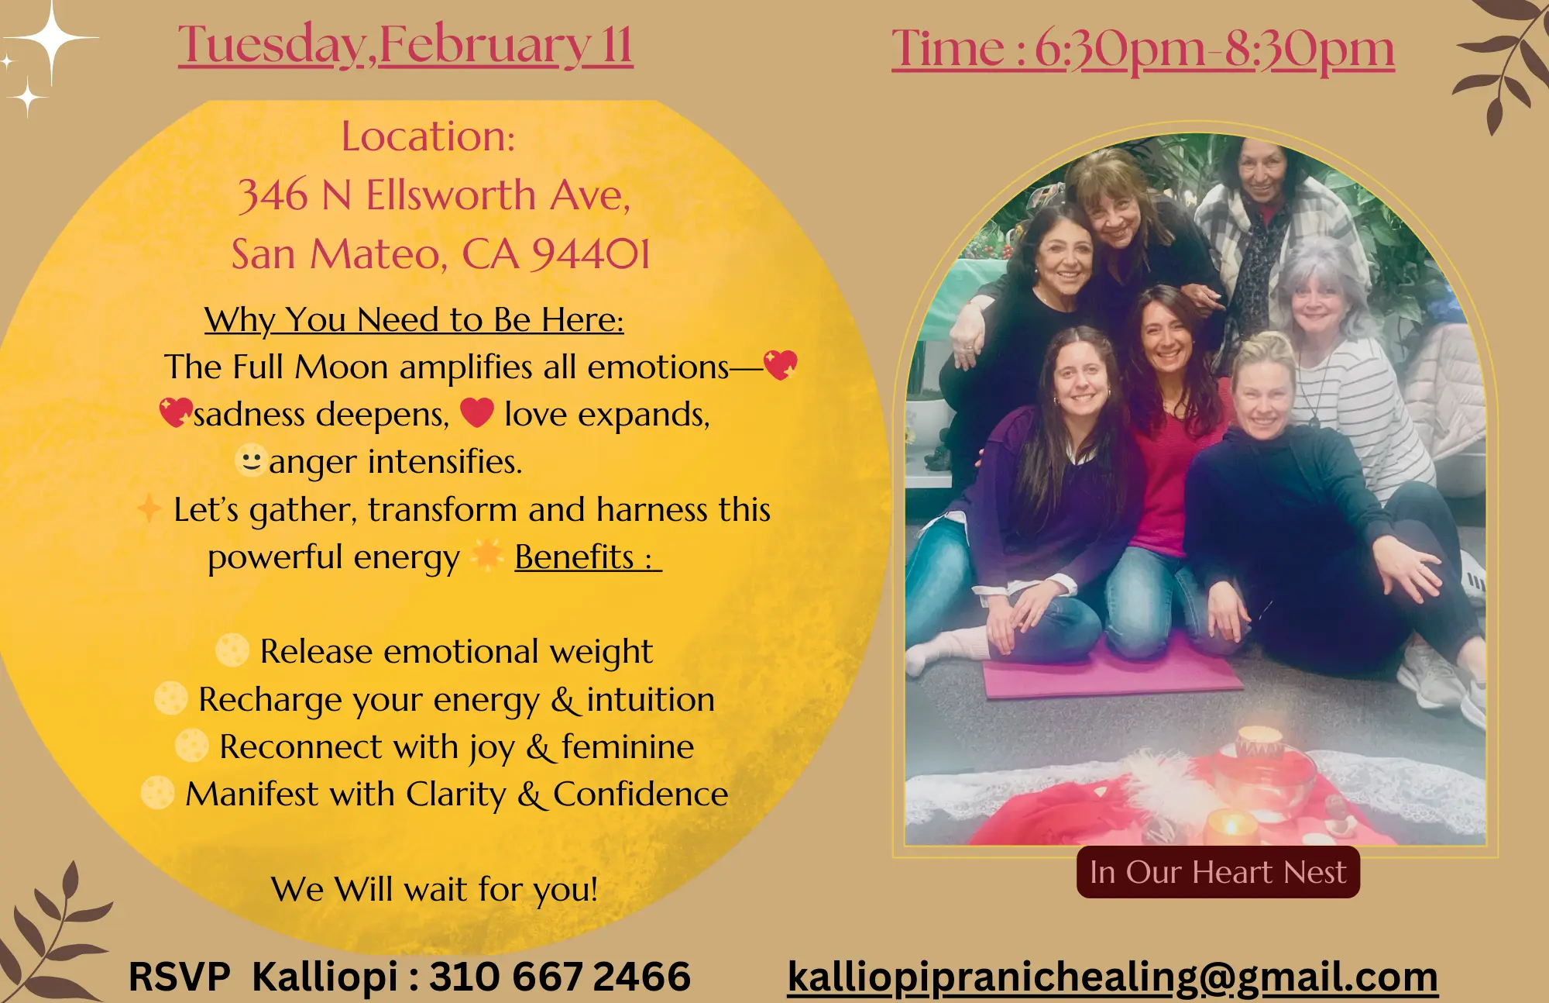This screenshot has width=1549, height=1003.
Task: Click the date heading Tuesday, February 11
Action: [406, 45]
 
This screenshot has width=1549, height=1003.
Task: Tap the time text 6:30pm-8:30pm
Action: [1214, 50]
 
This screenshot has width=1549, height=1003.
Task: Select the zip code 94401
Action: [590, 254]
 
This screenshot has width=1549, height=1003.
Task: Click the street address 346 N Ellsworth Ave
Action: [434, 195]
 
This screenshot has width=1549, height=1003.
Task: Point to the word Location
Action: [428, 136]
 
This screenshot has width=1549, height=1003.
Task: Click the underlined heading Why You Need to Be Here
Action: [414, 319]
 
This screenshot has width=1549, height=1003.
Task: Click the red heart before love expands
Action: [477, 412]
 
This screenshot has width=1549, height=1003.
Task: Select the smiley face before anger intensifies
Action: [251, 460]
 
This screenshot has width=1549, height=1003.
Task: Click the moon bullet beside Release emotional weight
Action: [232, 650]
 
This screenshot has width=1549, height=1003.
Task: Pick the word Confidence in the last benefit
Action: [641, 794]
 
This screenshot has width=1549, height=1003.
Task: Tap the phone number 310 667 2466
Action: [560, 976]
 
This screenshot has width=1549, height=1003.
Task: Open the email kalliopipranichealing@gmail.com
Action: [1113, 977]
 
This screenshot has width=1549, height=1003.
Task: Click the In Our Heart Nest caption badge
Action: [1218, 872]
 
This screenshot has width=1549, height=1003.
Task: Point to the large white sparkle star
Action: [51, 39]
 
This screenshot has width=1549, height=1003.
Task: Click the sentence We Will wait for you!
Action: [434, 889]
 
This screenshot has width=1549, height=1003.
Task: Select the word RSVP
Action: [180, 976]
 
